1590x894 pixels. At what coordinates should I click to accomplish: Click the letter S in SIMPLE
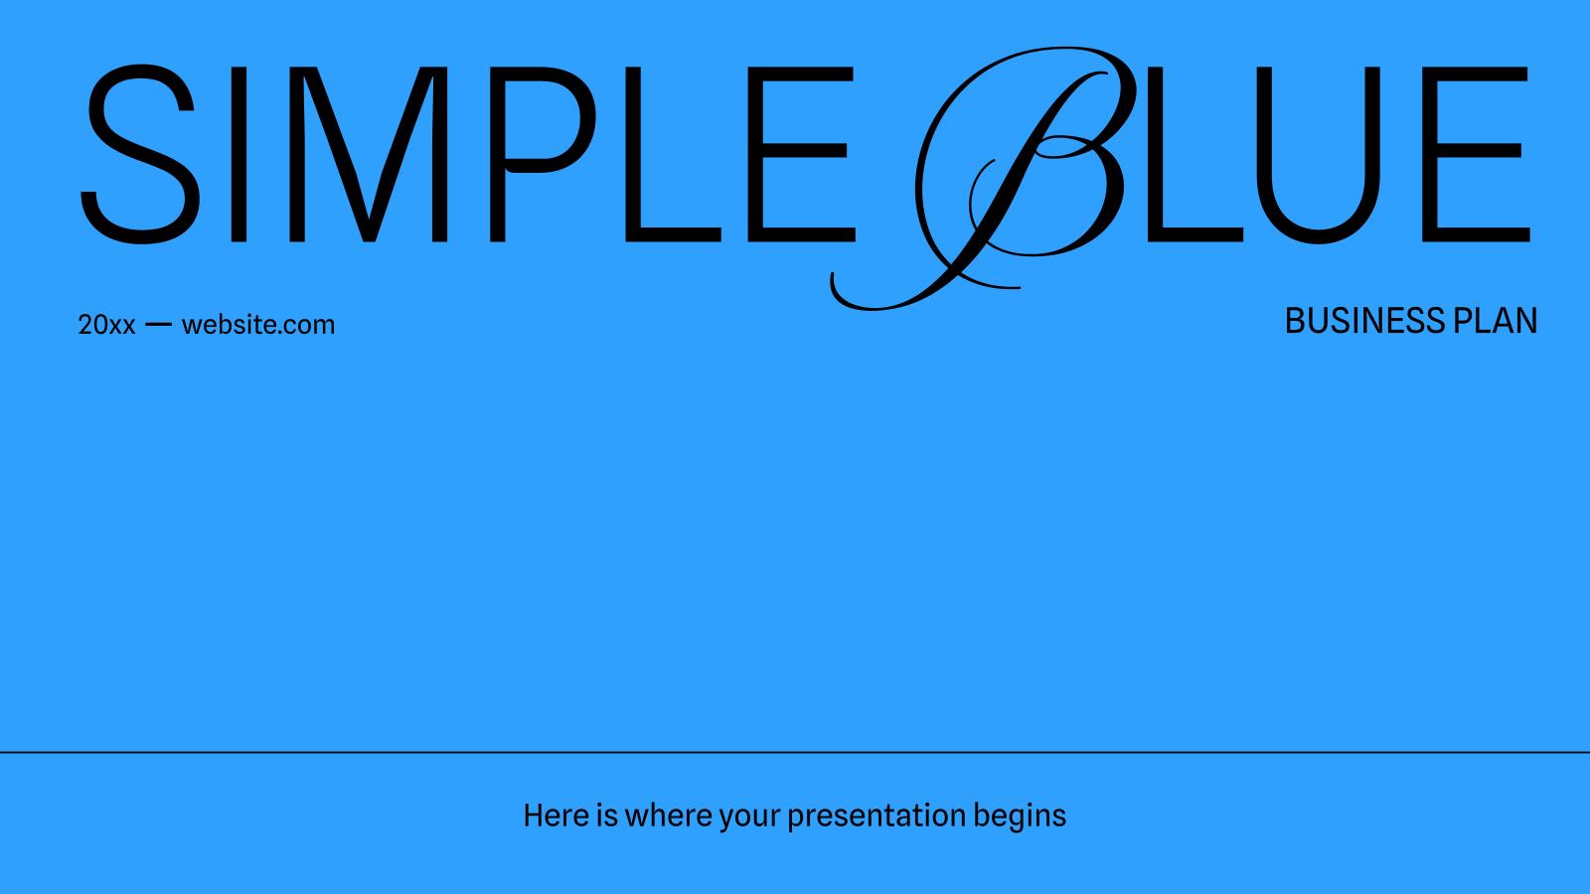click(x=139, y=154)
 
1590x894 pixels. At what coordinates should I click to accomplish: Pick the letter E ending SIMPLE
click(x=805, y=154)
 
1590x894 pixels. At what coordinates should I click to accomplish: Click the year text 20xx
click(x=106, y=325)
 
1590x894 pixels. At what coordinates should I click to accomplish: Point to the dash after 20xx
click(x=158, y=325)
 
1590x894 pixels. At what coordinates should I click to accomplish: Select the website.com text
click(x=258, y=325)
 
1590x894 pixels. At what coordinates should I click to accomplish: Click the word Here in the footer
click(x=556, y=816)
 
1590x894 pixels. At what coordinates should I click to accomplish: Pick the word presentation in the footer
click(x=876, y=816)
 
